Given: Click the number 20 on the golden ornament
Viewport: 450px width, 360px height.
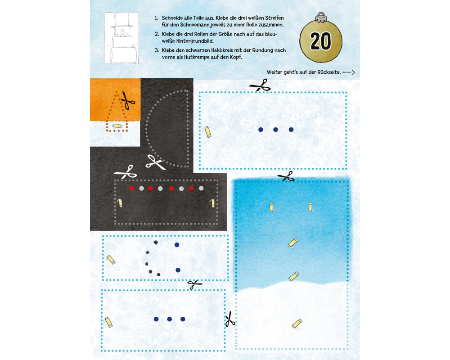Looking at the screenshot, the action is pyautogui.click(x=320, y=41).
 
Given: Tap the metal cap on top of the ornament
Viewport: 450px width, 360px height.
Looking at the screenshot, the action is pyautogui.click(x=320, y=17).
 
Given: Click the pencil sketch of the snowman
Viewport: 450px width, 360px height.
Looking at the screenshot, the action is pyautogui.click(x=122, y=38).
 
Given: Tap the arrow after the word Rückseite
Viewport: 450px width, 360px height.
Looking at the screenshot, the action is pyautogui.click(x=349, y=72).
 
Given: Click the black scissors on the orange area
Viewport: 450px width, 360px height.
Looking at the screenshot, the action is pyautogui.click(x=128, y=100).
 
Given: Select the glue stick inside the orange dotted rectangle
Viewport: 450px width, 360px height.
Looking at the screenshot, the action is pyautogui.click(x=117, y=126).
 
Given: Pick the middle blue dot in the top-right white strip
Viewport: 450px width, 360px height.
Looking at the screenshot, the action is pyautogui.click(x=275, y=130).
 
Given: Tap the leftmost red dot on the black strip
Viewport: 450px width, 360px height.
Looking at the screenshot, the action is pyautogui.click(x=132, y=189).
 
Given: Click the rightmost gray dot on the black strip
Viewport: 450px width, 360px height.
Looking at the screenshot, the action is pyautogui.click(x=201, y=189).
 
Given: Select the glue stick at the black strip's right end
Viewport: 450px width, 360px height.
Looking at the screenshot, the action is pyautogui.click(x=213, y=203).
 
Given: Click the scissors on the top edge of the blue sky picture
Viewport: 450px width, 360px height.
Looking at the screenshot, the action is pyautogui.click(x=286, y=176).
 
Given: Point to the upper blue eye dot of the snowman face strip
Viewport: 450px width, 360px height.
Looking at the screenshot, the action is pyautogui.click(x=177, y=245).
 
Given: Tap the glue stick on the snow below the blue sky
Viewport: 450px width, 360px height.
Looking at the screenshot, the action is pyautogui.click(x=297, y=323).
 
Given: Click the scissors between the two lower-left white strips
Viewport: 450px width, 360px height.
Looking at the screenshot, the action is pyautogui.click(x=195, y=284).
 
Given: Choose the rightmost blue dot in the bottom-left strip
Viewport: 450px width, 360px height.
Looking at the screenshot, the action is pyautogui.click(x=183, y=319).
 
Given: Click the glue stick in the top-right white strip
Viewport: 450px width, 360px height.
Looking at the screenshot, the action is pyautogui.click(x=207, y=132).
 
